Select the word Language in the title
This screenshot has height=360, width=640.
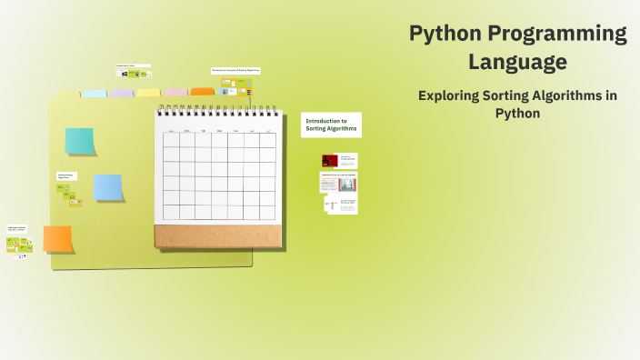coord(517,63)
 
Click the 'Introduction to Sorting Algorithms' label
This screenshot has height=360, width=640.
coord(331,125)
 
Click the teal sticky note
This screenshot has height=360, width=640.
coord(79,141)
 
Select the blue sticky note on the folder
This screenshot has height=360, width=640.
coord(108,187)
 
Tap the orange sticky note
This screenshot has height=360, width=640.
coord(57,239)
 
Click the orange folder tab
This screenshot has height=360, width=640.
coord(202,92)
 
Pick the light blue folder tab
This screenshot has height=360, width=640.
coord(95,94)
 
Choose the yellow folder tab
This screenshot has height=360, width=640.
coord(148,93)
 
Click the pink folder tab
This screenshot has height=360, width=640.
coord(175,93)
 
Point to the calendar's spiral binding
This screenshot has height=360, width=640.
coord(216,110)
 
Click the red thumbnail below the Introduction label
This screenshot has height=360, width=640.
coord(329,161)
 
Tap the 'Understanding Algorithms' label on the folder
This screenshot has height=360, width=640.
coord(65,175)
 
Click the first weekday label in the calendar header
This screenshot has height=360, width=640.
coord(171,131)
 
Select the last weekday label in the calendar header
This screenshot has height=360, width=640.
coord(267,131)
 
